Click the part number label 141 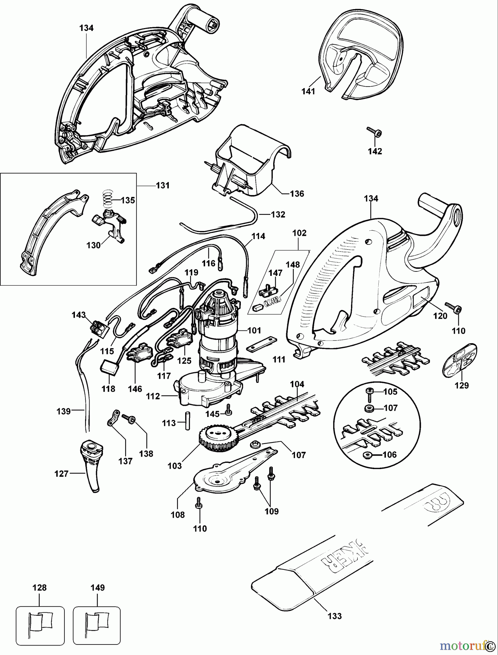(x=308, y=91)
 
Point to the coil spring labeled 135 (x=106, y=199)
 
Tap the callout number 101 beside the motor (x=254, y=330)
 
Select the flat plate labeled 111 (x=261, y=345)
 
